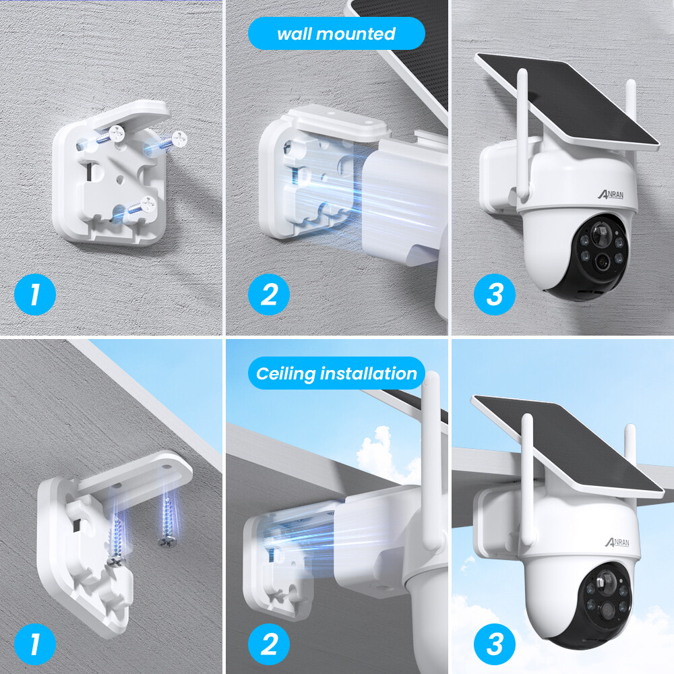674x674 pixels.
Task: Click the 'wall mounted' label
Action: click(x=336, y=34)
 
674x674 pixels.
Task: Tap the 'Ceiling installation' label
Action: click(x=336, y=373)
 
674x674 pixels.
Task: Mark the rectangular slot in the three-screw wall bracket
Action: click(x=89, y=173)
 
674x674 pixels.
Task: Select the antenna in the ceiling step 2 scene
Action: click(x=431, y=458)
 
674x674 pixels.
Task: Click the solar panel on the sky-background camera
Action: click(x=566, y=445)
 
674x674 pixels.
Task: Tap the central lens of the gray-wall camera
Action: click(x=599, y=261)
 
